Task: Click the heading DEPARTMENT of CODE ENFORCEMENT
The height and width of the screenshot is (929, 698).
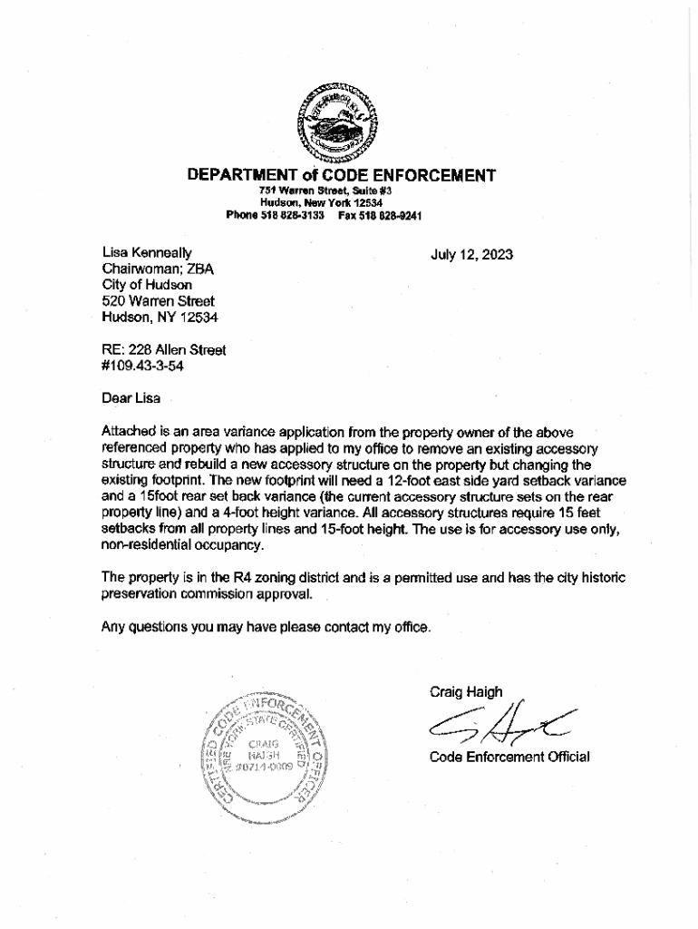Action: tap(341, 175)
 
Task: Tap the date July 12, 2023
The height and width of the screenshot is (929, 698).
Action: tap(471, 255)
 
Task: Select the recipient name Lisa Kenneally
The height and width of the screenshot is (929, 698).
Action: tap(147, 253)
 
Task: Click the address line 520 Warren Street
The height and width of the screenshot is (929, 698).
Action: tap(159, 301)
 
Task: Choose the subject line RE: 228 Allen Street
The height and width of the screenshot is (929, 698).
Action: tap(164, 349)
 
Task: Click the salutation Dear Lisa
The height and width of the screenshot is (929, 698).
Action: tap(131, 397)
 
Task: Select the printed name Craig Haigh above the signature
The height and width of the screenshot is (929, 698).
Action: tap(466, 692)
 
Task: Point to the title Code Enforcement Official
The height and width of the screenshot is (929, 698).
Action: tap(509, 757)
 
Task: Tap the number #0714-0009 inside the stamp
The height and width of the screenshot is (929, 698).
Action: tap(265, 767)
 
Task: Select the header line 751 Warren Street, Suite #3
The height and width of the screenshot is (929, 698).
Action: tap(324, 191)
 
